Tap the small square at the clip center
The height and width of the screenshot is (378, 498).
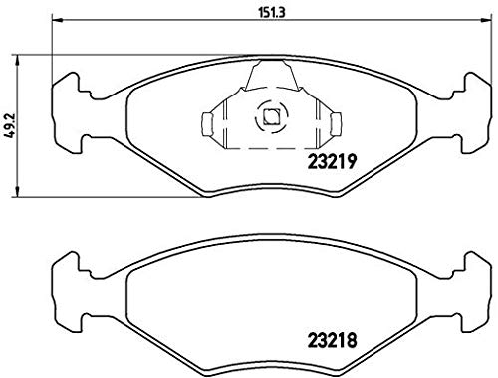point(269,116)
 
